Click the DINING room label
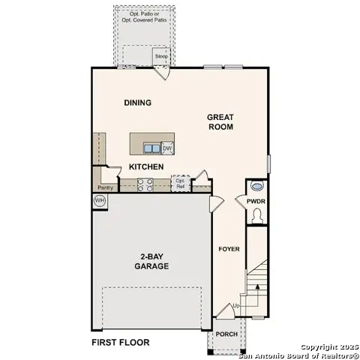click(x=138, y=103)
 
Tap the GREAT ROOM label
click(x=221, y=122)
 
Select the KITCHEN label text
click(x=146, y=166)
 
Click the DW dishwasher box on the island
click(x=167, y=148)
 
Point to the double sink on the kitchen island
click(x=151, y=148)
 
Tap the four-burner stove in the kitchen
click(x=145, y=185)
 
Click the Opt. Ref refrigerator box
click(x=180, y=183)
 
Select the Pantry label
click(x=105, y=187)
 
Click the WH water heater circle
click(x=100, y=201)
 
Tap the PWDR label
click(x=256, y=201)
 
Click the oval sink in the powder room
click(x=257, y=187)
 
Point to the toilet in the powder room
click(x=257, y=216)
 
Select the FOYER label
click(x=228, y=249)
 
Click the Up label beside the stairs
click(x=237, y=306)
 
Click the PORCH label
click(x=226, y=334)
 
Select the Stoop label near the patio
click(x=161, y=56)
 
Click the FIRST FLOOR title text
click(x=120, y=343)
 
